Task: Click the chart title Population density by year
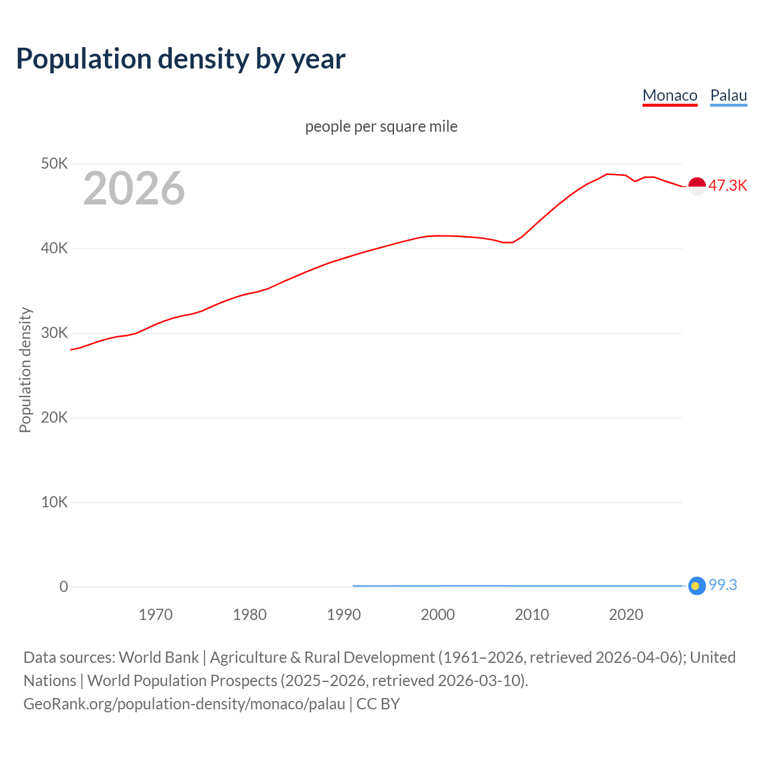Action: [x=181, y=59]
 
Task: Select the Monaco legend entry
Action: [x=669, y=95]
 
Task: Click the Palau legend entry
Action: [x=728, y=95]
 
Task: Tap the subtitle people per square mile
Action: [x=381, y=127]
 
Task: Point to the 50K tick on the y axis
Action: [x=54, y=163]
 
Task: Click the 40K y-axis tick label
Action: [x=54, y=248]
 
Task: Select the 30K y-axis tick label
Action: [x=54, y=333]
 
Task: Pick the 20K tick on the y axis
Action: [x=54, y=417]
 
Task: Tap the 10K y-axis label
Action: [x=54, y=502]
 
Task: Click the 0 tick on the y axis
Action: [x=64, y=587]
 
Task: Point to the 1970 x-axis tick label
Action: [x=156, y=615]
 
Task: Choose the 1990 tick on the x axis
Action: [x=344, y=615]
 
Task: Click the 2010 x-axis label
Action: [x=532, y=615]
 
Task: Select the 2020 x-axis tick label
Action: [x=626, y=615]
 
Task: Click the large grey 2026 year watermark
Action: [x=134, y=188]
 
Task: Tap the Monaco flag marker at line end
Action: [x=697, y=186]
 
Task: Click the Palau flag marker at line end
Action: [x=697, y=586]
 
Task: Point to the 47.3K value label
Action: [x=727, y=185]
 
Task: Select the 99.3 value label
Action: [x=722, y=585]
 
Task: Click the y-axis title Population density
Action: [x=25, y=370]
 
